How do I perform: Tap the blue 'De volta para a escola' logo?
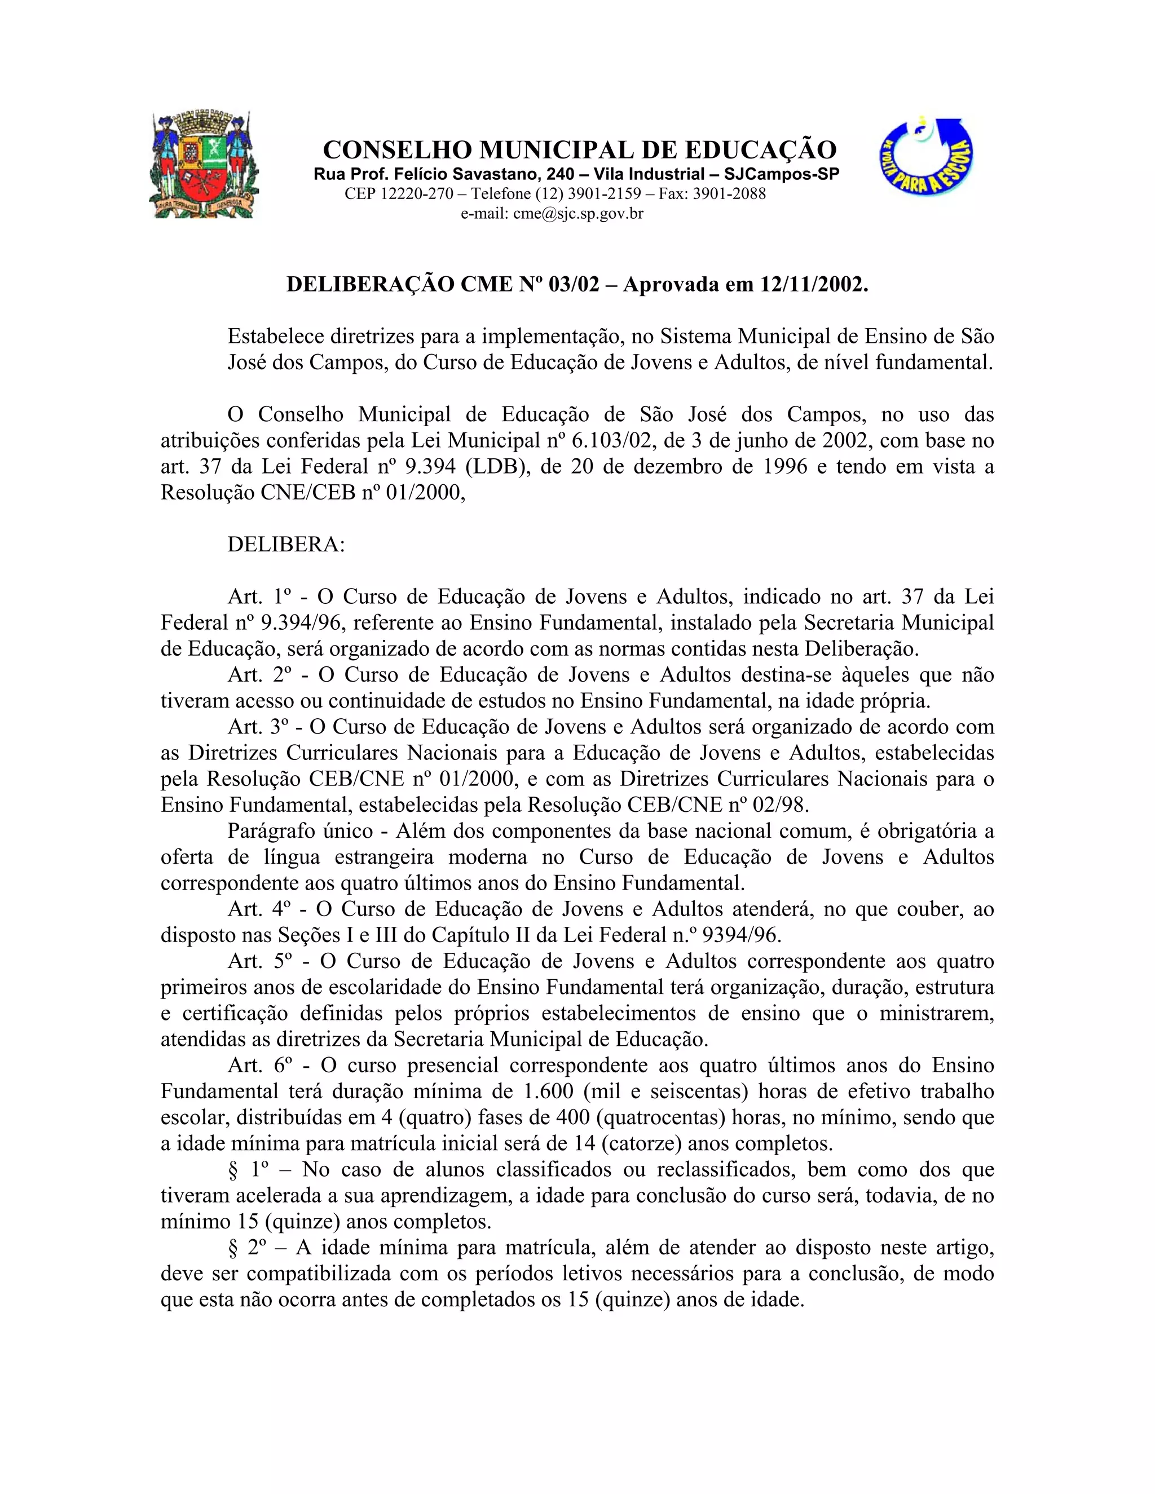[927, 157]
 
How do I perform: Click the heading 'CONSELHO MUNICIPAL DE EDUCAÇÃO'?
[580, 149]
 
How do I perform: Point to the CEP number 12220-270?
[417, 193]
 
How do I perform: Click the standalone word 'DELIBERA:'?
[286, 545]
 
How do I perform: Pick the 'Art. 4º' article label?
[257, 909]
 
